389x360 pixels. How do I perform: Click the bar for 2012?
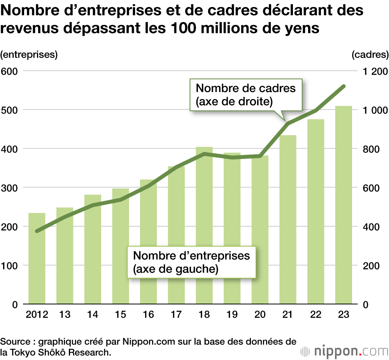click(x=37, y=258)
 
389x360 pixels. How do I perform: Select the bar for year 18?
click(x=204, y=225)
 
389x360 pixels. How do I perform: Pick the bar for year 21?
click(x=288, y=220)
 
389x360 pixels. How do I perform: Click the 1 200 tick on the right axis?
click(x=375, y=71)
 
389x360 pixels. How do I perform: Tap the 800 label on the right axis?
click(x=372, y=149)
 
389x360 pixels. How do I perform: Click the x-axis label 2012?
click(x=37, y=314)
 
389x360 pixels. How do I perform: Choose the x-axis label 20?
click(x=260, y=314)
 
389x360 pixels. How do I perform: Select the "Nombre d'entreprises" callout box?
click(x=191, y=262)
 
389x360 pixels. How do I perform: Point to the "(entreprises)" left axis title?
click(x=29, y=55)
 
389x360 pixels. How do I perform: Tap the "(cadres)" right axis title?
click(x=370, y=55)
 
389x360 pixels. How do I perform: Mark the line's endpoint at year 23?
click(x=343, y=86)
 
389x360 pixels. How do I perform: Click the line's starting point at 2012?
click(x=37, y=231)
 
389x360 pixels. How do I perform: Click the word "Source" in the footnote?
click(x=15, y=342)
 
